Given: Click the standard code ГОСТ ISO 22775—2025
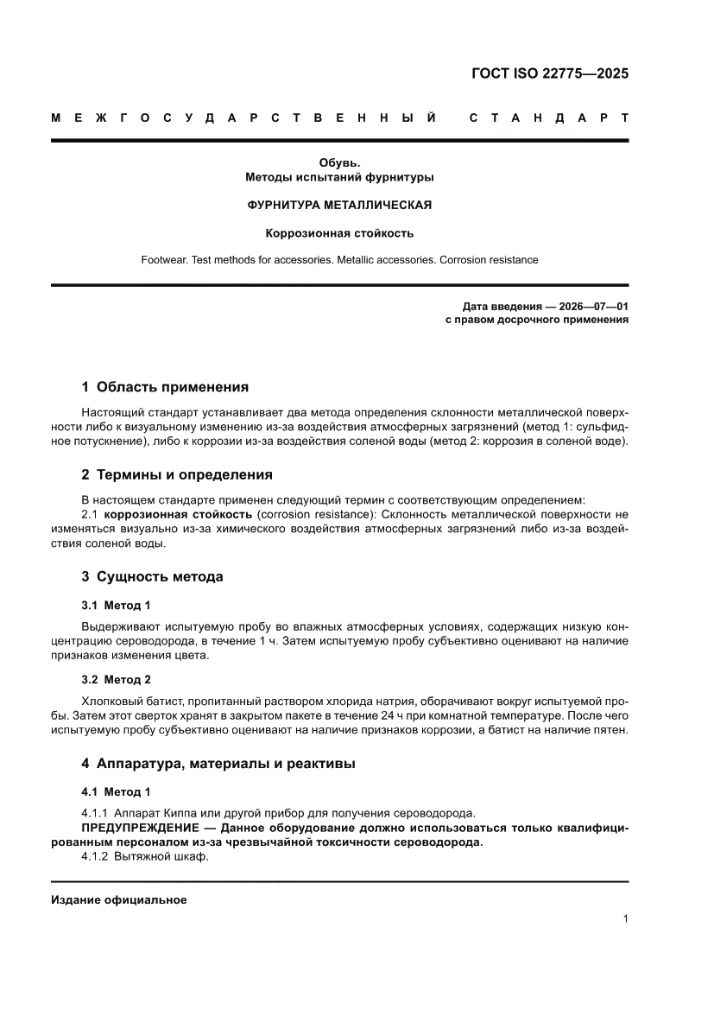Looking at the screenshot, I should tap(549, 73).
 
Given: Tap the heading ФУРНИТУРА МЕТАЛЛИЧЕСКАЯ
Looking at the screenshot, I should tap(339, 206).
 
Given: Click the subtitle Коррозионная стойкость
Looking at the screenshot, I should tap(339, 232).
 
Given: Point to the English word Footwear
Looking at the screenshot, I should tap(163, 259).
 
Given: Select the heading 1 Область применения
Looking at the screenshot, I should tap(165, 387).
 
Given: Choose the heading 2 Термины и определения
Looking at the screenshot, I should tap(177, 474).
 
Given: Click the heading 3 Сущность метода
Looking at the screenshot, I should tap(152, 576).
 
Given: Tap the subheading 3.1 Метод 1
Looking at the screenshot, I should tap(116, 605).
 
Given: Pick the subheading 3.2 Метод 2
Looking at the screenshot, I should tap(116, 679).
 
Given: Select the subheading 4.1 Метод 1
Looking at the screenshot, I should tap(116, 792).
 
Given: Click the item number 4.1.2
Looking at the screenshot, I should tap(96, 857).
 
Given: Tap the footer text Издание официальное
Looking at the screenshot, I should tap(119, 899).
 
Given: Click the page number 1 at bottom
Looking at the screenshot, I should tap(625, 919).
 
